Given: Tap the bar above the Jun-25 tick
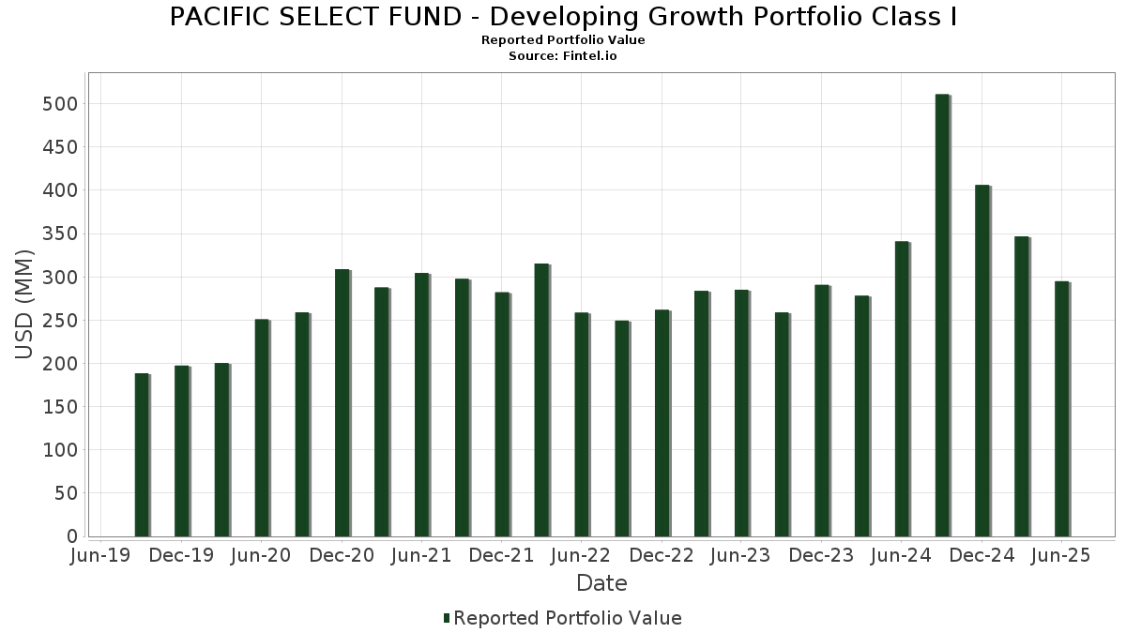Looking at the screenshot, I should pyautogui.click(x=1061, y=409).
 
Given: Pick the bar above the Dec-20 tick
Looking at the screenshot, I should pyautogui.click(x=342, y=403).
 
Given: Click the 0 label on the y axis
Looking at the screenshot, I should pyautogui.click(x=70, y=536).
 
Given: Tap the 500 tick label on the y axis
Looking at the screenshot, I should pyautogui.click(x=60, y=103).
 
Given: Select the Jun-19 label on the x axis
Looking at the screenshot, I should pyautogui.click(x=101, y=555).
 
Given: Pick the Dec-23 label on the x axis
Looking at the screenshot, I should pyautogui.click(x=821, y=555).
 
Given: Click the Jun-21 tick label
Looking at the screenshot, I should pyautogui.click(x=421, y=555).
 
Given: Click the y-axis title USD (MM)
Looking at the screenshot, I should pyautogui.click(x=24, y=305).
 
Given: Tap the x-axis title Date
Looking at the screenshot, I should pyautogui.click(x=601, y=583).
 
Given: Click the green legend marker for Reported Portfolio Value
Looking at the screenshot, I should pyautogui.click(x=447, y=618).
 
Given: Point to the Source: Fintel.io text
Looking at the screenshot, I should pyautogui.click(x=563, y=56).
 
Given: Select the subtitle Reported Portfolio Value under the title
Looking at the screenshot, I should pyautogui.click(x=563, y=40).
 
